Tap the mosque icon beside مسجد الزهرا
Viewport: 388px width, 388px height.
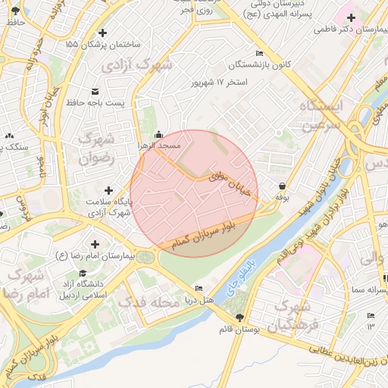158,134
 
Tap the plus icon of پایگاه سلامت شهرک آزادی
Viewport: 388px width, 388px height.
108,190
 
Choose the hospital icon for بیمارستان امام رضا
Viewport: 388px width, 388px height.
95,244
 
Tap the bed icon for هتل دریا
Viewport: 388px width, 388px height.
199,289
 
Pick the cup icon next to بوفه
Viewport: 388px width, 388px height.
282,186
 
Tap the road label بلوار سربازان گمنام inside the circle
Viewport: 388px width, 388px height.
211,232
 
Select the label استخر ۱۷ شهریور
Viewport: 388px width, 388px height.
221,81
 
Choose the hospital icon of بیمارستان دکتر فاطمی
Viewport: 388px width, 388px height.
350,17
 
